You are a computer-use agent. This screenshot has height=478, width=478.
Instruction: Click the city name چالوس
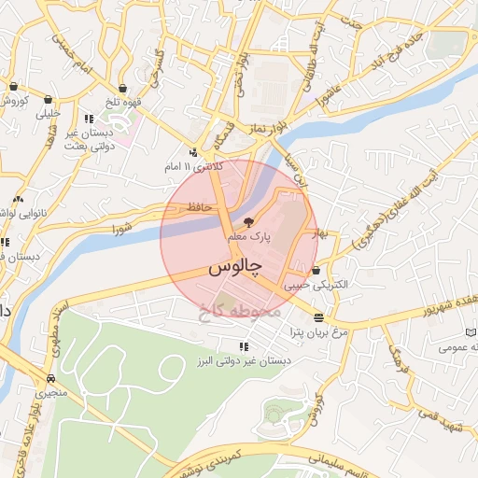pos(232,268)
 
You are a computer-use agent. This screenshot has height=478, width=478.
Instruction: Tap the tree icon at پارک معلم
pos(248,223)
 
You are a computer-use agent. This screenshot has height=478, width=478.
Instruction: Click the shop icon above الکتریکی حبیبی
pos(317,270)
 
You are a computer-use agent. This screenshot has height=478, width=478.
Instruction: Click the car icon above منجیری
pos(50,379)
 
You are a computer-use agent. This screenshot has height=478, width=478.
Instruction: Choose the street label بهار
pos(322,232)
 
